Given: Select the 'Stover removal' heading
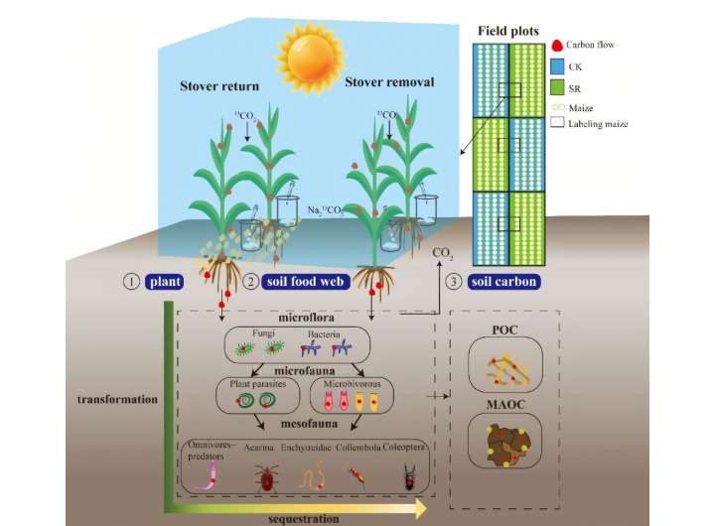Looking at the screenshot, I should click(388, 81).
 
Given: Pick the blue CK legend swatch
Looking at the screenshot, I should click(558, 66).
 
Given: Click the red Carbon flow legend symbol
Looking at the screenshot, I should click(557, 46).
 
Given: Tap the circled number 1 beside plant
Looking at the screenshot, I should click(128, 282).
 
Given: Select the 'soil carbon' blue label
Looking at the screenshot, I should click(504, 282).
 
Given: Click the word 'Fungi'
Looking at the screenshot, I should click(257, 334).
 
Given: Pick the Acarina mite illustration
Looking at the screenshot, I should click(266, 479).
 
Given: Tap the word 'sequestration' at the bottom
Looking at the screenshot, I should click(304, 517).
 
